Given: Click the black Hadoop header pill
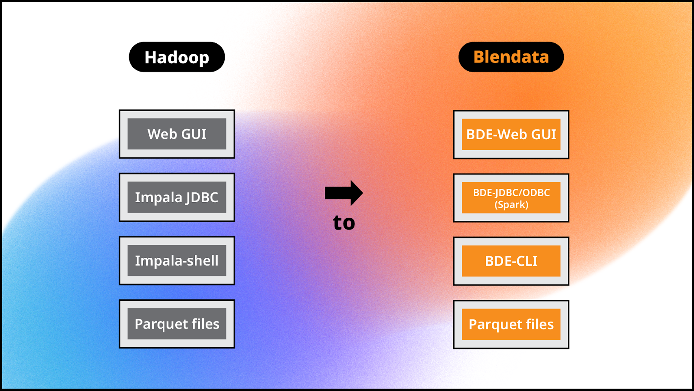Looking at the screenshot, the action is tap(177, 57).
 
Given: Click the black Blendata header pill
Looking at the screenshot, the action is tap(511, 57).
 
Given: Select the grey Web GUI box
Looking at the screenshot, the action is tap(177, 134).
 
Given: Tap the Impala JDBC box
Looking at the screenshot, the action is tap(177, 197).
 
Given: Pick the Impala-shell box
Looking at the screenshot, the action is tap(177, 260).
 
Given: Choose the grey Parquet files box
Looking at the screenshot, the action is tap(177, 324).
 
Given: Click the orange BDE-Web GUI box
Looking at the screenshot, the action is tap(511, 135).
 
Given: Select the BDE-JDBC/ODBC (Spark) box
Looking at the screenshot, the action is tap(511, 198).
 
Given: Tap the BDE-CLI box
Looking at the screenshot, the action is tap(511, 261).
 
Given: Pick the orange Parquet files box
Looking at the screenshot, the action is tap(511, 324).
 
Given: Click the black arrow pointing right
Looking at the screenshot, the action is tap(344, 193).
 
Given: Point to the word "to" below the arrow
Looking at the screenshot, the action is tap(344, 223).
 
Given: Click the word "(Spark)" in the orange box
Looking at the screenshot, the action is tap(511, 205).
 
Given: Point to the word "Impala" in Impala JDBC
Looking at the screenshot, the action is tap(158, 197).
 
